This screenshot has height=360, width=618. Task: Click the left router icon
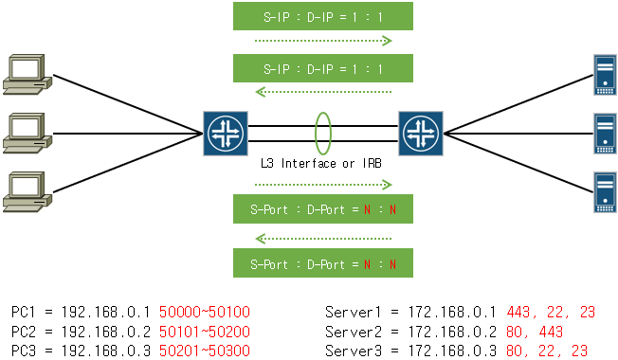click(225, 133)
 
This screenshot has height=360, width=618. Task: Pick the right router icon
click(420, 133)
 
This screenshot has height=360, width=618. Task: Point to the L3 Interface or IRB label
click(321, 163)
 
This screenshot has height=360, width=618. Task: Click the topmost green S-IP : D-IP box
click(323, 15)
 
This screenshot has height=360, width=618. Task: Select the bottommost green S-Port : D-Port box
click(323, 262)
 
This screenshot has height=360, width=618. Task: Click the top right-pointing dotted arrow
click(323, 42)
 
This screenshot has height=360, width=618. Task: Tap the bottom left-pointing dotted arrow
click(323, 239)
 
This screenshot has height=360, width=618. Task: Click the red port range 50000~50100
click(204, 312)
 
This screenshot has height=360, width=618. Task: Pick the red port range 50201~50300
click(204, 351)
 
